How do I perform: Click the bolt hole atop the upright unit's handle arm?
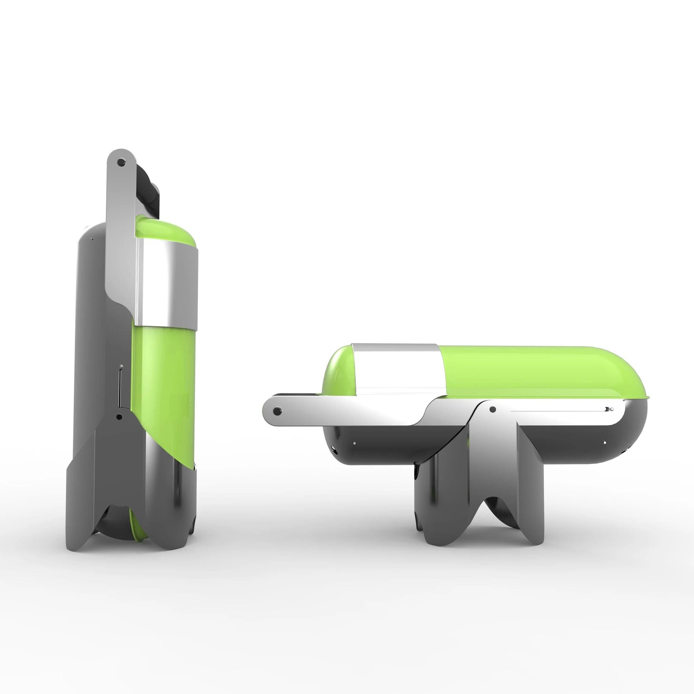tap(121, 163)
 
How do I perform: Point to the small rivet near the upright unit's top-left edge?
tap(92, 238)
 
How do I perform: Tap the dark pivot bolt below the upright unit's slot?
tap(119, 417)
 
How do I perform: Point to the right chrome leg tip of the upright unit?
tap(180, 535)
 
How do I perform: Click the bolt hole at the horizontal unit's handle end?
tap(277, 411)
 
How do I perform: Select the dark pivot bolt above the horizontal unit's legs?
tap(493, 409)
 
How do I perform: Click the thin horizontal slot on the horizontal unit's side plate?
tap(557, 410)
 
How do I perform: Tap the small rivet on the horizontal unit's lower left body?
tap(354, 443)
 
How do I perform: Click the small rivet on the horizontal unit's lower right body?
tap(605, 443)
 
